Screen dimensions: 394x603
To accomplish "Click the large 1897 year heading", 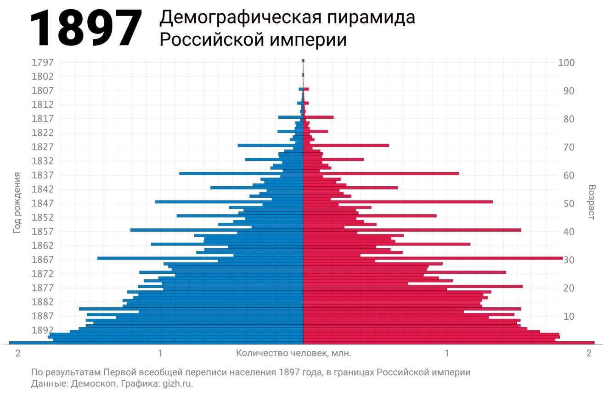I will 86,28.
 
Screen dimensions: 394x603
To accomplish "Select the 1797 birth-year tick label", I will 43,62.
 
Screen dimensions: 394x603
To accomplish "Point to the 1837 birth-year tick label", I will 43,175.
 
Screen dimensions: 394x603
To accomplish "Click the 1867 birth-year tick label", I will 43,260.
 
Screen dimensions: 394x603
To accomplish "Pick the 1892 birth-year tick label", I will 43,330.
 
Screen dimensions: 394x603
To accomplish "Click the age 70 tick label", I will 569,147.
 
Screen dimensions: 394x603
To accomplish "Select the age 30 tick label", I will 569,260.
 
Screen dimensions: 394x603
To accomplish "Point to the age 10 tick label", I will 569,316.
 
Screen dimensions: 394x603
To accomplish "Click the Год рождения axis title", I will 17,203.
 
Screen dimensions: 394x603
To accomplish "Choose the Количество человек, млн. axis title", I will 293,353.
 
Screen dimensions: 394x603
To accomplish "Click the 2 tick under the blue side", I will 18,353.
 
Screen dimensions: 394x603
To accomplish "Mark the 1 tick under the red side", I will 447,353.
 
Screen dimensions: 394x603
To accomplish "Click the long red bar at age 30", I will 459,258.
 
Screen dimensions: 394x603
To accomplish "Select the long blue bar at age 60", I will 230,173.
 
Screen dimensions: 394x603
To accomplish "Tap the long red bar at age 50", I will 413,202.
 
